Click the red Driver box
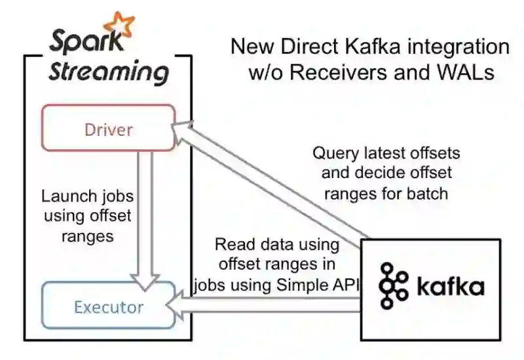click(108, 129)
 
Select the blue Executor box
click(108, 306)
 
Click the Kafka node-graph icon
click(394, 286)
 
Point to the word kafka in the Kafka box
click(451, 287)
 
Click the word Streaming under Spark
click(108, 71)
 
